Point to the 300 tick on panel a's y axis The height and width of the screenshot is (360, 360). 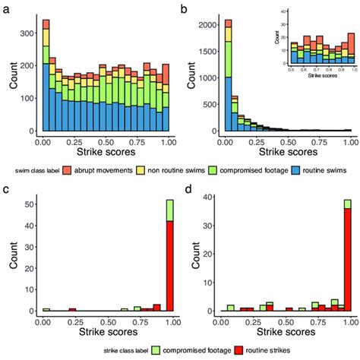[28, 33]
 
